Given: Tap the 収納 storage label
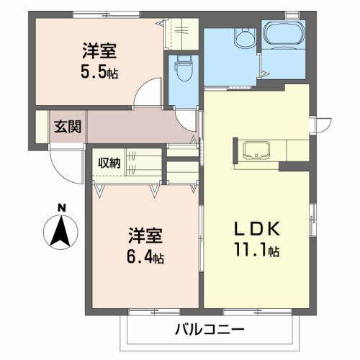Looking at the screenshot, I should [110, 161].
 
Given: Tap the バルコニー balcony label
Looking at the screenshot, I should [210, 330].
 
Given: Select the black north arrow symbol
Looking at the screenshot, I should [61, 232].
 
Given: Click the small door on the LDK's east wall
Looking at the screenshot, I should [317, 124].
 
